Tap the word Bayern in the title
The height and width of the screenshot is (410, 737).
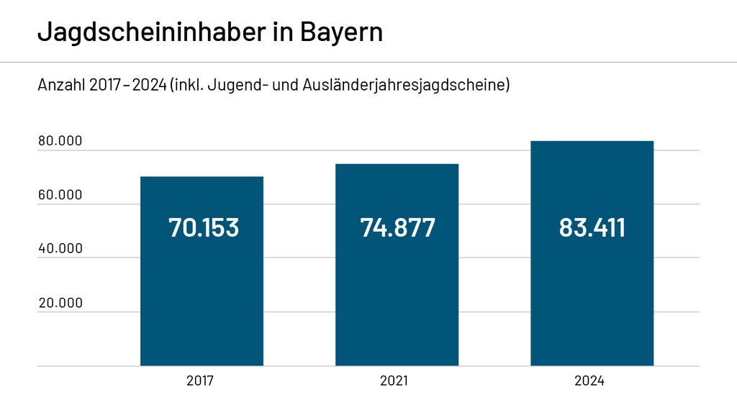point(341,32)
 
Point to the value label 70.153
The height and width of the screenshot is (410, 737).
point(203,227)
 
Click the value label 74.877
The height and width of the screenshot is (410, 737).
point(397,227)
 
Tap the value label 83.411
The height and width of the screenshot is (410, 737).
point(592,227)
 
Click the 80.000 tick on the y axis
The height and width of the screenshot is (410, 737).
point(60,141)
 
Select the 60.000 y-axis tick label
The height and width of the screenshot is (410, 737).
point(60,195)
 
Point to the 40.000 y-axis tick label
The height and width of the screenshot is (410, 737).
point(60,249)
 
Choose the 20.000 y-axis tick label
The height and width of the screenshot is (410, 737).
point(60,303)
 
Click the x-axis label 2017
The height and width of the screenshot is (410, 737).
point(200,381)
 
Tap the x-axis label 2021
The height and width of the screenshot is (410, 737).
point(394,381)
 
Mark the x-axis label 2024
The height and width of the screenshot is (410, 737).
point(589,381)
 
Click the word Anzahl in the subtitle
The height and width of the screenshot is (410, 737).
point(61,85)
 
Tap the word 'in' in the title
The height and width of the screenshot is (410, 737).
point(281,32)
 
